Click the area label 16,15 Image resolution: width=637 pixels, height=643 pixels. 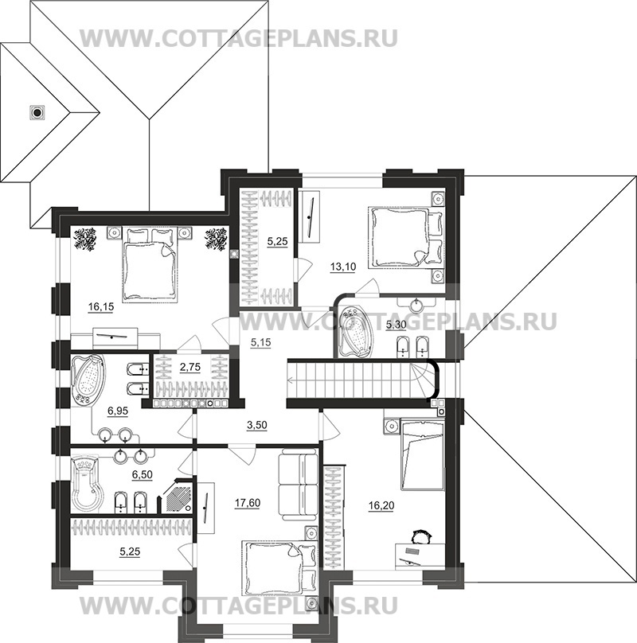click(101, 306)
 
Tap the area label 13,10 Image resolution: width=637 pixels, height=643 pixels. click(342, 267)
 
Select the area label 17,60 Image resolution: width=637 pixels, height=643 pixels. click(247, 503)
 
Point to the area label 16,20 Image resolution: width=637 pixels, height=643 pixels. click(381, 505)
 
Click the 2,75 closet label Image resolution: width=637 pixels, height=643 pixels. click(190, 367)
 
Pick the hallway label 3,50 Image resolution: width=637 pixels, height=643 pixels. click(256, 425)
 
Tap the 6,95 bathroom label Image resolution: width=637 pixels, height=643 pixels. click(117, 411)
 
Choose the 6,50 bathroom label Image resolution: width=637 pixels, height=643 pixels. click(142, 475)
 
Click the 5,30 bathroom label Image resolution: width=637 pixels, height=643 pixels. click(396, 325)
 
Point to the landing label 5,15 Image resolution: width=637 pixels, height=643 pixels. click(260, 342)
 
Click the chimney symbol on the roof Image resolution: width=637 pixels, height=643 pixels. click(37, 112)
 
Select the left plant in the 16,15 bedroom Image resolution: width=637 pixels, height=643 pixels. click(85, 239)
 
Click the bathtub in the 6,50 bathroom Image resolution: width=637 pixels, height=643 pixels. click(86, 485)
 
